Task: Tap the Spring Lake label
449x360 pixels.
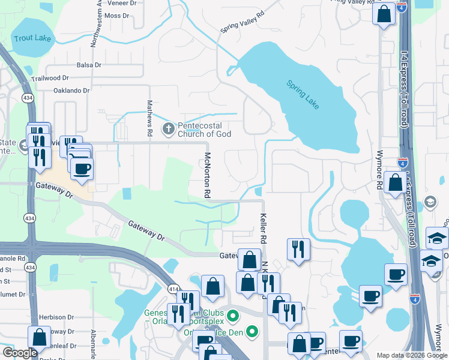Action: pyautogui.click(x=303, y=95)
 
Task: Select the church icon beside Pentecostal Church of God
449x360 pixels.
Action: pyautogui.click(x=169, y=128)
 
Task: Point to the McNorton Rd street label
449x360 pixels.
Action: pyautogui.click(x=206, y=175)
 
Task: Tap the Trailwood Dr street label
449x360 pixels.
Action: pyautogui.click(x=50, y=78)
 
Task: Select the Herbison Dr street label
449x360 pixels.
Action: pyautogui.click(x=56, y=317)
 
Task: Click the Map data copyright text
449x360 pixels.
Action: pyautogui.click(x=411, y=355)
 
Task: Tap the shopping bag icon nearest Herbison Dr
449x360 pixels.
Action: pyautogui.click(x=39, y=337)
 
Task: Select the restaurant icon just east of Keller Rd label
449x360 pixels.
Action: pyautogui.click(x=298, y=248)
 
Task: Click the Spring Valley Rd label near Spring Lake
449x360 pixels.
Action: pyautogui.click(x=243, y=23)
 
